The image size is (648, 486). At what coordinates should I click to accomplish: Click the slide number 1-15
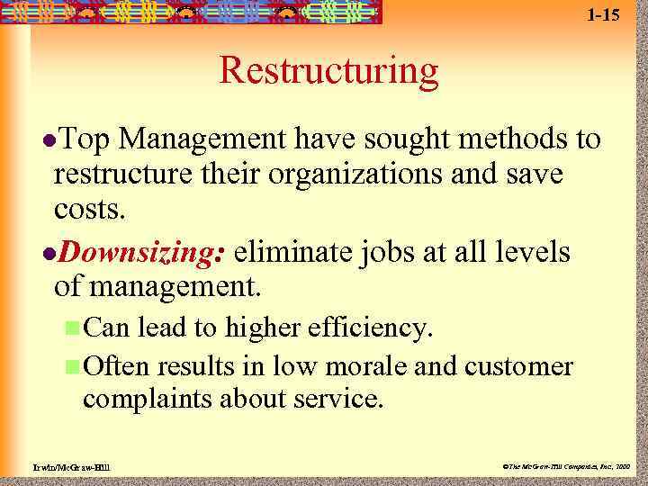[x=604, y=14]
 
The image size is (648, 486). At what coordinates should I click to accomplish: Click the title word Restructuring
[x=328, y=71]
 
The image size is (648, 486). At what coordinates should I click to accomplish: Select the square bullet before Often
[x=72, y=366]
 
